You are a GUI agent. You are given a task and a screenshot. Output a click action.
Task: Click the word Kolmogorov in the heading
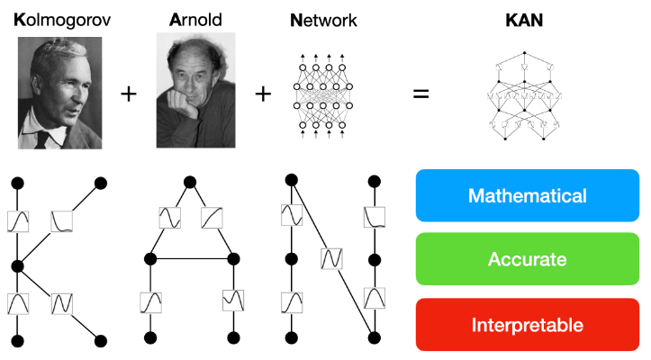click(x=62, y=20)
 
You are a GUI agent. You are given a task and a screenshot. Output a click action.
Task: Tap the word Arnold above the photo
click(x=195, y=20)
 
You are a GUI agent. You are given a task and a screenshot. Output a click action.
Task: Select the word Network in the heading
click(x=323, y=21)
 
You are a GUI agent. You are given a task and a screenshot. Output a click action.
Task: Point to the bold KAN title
click(x=524, y=21)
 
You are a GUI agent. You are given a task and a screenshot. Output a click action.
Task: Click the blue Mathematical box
click(x=528, y=195)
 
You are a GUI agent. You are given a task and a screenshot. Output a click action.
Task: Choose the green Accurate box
click(x=528, y=259)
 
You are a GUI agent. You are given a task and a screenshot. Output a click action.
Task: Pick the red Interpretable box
click(x=528, y=325)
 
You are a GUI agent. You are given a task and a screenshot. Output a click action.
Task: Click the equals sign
click(x=420, y=94)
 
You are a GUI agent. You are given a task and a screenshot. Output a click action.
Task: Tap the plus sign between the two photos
click(x=129, y=94)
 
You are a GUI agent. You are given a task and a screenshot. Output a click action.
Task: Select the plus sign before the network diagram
click(x=263, y=94)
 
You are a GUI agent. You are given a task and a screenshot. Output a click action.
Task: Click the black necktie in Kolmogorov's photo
click(x=42, y=139)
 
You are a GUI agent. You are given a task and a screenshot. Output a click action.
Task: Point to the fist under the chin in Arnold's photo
click(x=181, y=103)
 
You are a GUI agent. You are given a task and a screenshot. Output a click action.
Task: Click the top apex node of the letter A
click(x=190, y=182)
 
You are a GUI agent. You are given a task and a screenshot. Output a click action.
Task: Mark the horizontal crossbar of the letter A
click(x=192, y=259)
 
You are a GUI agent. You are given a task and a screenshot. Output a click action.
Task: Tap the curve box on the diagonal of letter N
click(x=331, y=258)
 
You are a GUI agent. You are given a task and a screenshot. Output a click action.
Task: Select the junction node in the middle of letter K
click(x=17, y=266)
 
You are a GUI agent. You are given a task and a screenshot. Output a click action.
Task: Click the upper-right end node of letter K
click(x=101, y=183)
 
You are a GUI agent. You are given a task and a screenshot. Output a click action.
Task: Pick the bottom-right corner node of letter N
click(x=375, y=337)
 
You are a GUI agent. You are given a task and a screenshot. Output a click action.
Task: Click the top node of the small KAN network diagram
click(x=524, y=53)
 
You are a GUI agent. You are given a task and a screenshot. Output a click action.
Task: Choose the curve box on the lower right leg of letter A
click(x=233, y=301)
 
